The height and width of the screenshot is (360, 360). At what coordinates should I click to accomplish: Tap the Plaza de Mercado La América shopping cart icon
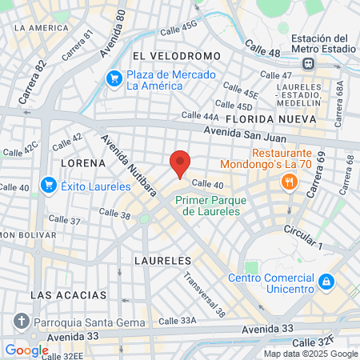point(115,78)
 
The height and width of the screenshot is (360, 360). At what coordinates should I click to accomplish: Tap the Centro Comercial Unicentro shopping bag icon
point(326,282)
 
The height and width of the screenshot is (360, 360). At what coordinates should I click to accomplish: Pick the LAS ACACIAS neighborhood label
point(68,295)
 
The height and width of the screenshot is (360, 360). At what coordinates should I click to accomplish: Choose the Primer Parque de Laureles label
point(208,206)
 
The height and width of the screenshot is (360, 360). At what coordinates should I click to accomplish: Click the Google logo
point(26,350)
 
